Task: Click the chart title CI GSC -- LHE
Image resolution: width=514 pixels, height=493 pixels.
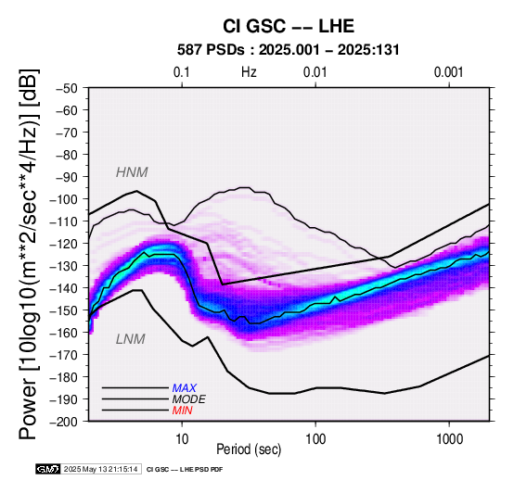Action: pyautogui.click(x=289, y=26)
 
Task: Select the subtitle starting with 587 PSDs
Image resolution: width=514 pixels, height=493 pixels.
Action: pyautogui.click(x=289, y=50)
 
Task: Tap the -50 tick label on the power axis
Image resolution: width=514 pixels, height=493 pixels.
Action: pyautogui.click(x=67, y=88)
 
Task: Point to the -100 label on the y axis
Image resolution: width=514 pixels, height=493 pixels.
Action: pyautogui.click(x=64, y=199)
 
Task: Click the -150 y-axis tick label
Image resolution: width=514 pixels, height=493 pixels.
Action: pyautogui.click(x=64, y=310)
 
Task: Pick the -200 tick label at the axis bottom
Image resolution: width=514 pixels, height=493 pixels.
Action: pyautogui.click(x=64, y=422)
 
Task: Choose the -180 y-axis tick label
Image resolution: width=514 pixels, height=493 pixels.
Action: pyautogui.click(x=64, y=377)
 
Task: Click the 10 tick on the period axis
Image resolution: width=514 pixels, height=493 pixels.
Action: pyautogui.click(x=182, y=439)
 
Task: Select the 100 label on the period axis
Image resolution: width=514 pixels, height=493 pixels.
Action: pyautogui.click(x=315, y=439)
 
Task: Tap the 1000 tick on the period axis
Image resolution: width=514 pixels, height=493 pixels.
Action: pyautogui.click(x=449, y=439)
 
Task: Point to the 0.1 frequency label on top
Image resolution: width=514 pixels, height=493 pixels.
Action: pyautogui.click(x=182, y=72)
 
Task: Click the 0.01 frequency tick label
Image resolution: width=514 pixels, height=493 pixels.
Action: pyautogui.click(x=315, y=72)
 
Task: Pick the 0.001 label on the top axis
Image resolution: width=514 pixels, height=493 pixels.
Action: pyautogui.click(x=448, y=72)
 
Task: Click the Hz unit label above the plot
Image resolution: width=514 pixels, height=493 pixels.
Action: pyautogui.click(x=249, y=72)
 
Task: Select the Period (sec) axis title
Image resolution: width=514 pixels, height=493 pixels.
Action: pyautogui.click(x=249, y=449)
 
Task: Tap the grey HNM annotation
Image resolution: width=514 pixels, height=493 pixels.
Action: pyautogui.click(x=132, y=172)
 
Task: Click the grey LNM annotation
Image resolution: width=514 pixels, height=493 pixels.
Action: pyautogui.click(x=131, y=339)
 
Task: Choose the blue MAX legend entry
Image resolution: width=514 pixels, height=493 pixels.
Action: pyautogui.click(x=185, y=388)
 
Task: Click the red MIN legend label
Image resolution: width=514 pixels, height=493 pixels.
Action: pyautogui.click(x=182, y=411)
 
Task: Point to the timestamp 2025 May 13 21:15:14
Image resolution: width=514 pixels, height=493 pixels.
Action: pyautogui.click(x=100, y=469)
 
